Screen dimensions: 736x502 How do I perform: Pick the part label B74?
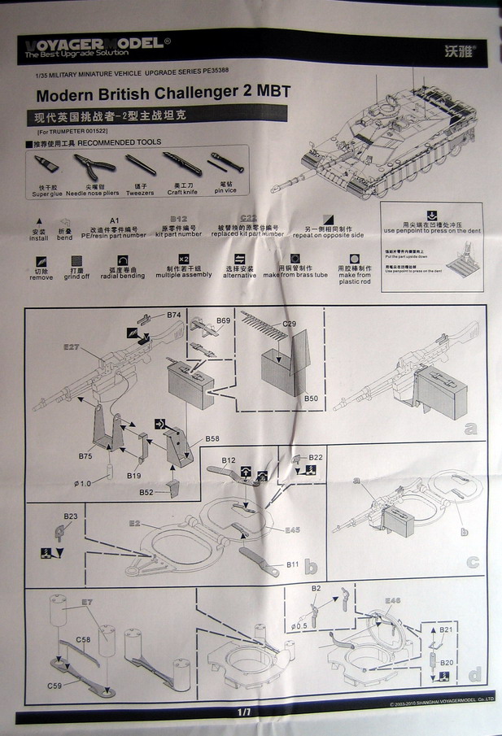tap(173, 315)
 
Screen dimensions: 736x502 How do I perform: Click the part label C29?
tap(290, 324)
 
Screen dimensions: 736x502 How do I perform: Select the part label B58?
tap(212, 439)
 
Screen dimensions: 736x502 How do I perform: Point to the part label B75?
tap(85, 456)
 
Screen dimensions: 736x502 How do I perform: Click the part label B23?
tap(72, 516)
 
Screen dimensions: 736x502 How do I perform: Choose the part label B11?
tap(294, 564)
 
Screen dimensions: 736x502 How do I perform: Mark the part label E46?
tap(393, 600)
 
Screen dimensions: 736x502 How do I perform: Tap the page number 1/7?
tap(244, 712)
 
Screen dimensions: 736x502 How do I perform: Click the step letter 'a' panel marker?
tap(470, 429)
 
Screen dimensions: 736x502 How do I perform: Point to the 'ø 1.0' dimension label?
tap(83, 484)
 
